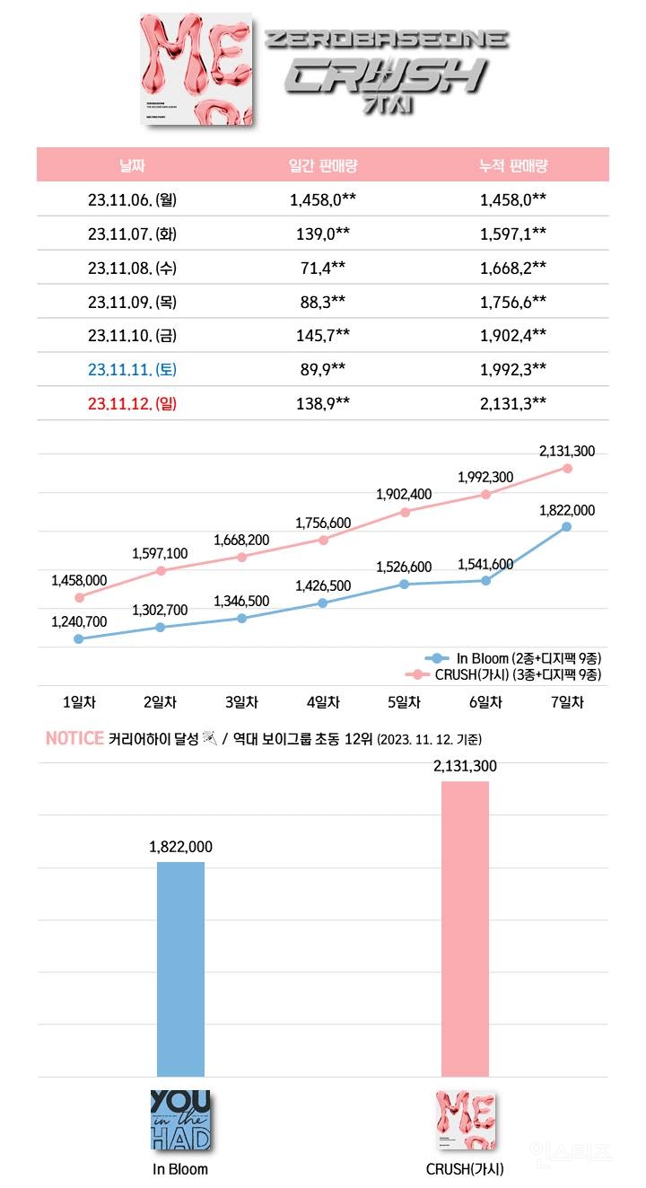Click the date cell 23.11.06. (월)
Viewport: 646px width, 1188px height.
pos(132,199)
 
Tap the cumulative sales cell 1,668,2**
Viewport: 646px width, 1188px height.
pos(513,268)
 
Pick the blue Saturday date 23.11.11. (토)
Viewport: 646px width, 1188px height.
pos(132,369)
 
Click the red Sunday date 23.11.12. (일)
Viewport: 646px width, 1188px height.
pos(132,403)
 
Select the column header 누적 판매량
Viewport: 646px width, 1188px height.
pos(513,165)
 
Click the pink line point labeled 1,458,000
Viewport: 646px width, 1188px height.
pos(79,597)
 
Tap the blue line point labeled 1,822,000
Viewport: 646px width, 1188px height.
pos(566,526)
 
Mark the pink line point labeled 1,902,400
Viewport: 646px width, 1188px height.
pos(405,512)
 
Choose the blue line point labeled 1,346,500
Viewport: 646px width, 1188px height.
pos(241,619)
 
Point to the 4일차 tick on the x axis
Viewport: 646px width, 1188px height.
pos(323,702)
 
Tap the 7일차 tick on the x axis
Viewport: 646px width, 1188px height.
pos(566,702)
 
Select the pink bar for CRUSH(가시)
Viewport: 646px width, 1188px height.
pos(465,928)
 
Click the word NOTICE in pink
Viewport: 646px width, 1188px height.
pos(74,739)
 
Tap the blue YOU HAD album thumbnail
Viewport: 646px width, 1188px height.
pos(180,1120)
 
